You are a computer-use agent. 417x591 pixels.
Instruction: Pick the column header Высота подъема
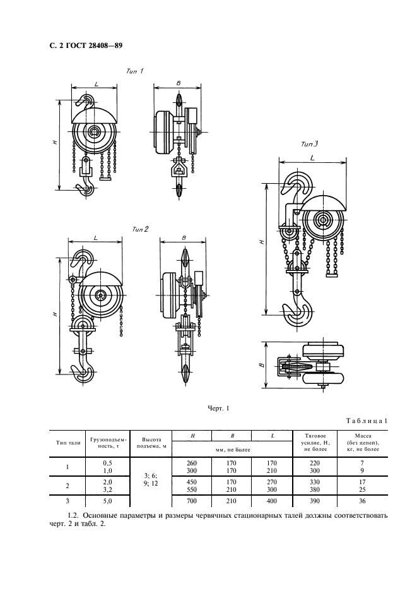tap(150, 443)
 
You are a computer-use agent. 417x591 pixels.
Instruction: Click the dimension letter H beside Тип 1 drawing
tap(57, 143)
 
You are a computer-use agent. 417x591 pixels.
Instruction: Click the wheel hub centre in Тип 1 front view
tap(95, 132)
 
